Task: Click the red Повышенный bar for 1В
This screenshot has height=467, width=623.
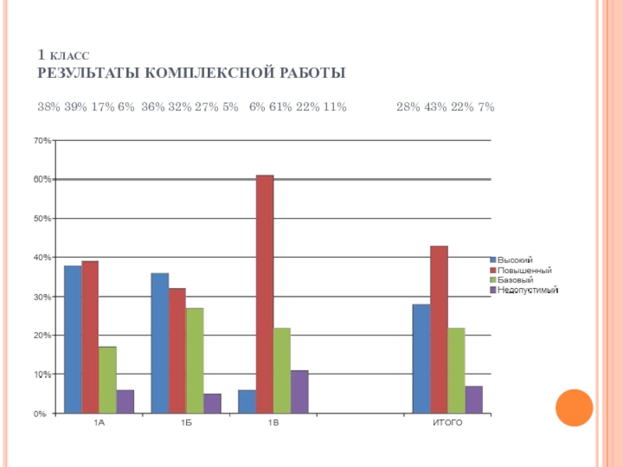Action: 265,294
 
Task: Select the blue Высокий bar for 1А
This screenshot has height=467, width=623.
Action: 72,339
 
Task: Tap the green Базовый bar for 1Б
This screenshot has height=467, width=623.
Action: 195,360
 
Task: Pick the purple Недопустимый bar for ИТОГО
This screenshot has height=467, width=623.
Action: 473,399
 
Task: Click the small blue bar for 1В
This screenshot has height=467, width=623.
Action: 247,402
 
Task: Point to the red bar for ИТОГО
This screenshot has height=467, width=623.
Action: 438,329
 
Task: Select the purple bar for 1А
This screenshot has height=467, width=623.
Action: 125,402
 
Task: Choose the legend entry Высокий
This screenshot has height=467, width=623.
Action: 515,260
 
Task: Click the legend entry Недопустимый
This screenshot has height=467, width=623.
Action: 528,290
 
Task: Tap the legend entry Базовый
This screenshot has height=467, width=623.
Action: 515,279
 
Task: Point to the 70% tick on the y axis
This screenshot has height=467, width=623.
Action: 43,141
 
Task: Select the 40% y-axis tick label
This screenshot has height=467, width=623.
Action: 43,258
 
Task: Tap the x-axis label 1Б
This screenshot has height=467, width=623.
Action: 186,423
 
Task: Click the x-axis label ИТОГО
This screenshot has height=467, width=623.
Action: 448,423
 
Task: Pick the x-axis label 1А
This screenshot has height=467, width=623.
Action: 99,423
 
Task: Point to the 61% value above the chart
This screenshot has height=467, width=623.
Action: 280,107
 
